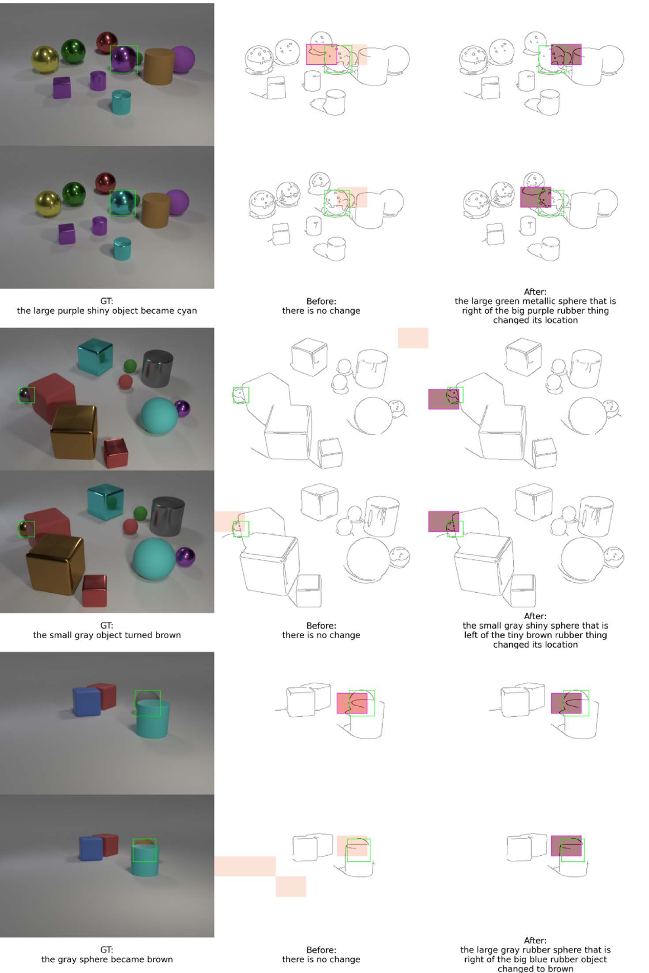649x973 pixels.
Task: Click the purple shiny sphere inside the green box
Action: click(123, 59)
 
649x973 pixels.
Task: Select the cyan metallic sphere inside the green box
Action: click(122, 203)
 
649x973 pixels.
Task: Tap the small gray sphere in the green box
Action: click(26, 395)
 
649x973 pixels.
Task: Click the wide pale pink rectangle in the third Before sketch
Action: click(245, 866)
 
